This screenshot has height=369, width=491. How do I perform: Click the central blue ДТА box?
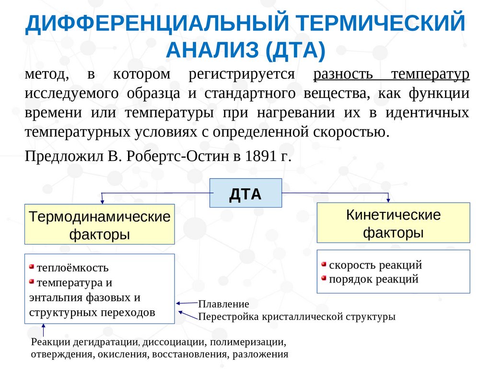(245, 193)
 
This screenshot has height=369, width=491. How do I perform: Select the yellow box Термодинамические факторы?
(100, 224)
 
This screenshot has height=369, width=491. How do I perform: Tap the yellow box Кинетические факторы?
(393, 223)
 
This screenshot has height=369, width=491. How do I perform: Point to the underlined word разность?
(343, 74)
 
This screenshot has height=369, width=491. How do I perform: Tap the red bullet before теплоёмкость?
(32, 267)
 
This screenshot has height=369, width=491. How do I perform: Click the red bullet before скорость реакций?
(324, 264)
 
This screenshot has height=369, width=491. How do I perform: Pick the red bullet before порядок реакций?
(324, 278)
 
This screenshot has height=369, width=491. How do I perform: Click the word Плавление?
(223, 304)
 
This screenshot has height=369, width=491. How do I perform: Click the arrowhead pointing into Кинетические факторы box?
(388, 200)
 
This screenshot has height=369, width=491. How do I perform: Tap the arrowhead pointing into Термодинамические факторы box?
(102, 201)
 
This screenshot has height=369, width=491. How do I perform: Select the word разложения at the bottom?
(260, 355)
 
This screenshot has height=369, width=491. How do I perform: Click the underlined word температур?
(430, 74)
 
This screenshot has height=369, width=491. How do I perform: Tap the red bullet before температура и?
(32, 282)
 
